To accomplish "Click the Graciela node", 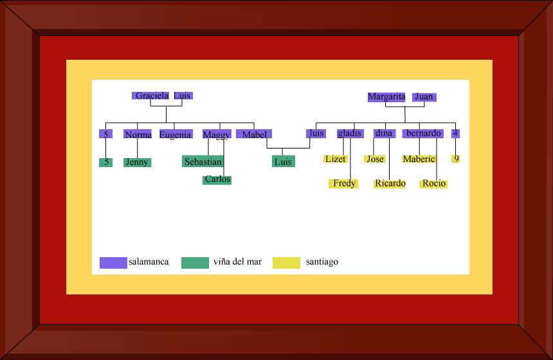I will click(x=152, y=96).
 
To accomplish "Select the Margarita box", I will click(x=386, y=97).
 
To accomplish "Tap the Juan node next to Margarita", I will click(x=424, y=97).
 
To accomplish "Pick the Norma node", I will click(x=138, y=134).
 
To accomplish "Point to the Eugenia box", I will click(x=175, y=134).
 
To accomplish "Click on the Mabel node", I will click(x=254, y=134).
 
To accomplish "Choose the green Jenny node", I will click(x=137, y=163).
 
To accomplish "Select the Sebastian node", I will click(x=203, y=162).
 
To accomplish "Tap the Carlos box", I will click(x=217, y=180).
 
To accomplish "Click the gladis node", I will click(x=350, y=134).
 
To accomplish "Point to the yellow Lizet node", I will click(x=336, y=159).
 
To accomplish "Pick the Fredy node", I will click(x=344, y=184).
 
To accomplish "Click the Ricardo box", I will click(x=390, y=184).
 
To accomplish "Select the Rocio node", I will click(x=434, y=184).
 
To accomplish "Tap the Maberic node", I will click(x=419, y=159).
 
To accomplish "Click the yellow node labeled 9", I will click(x=456, y=159).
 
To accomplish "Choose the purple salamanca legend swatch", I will click(x=113, y=262).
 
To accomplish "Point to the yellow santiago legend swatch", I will click(x=286, y=262).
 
